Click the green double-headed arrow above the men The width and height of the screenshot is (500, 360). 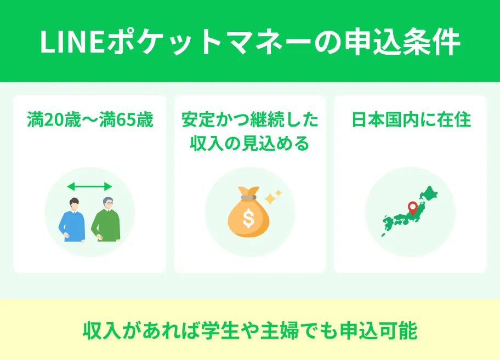tap(89, 187)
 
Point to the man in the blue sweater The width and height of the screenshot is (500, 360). tap(72, 220)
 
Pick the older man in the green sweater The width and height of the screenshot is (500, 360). tap(106, 221)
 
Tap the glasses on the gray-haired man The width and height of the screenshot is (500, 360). tap(109, 203)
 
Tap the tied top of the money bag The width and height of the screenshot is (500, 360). tap(248, 192)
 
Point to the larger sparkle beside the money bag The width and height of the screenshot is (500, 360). tap(270, 198)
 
